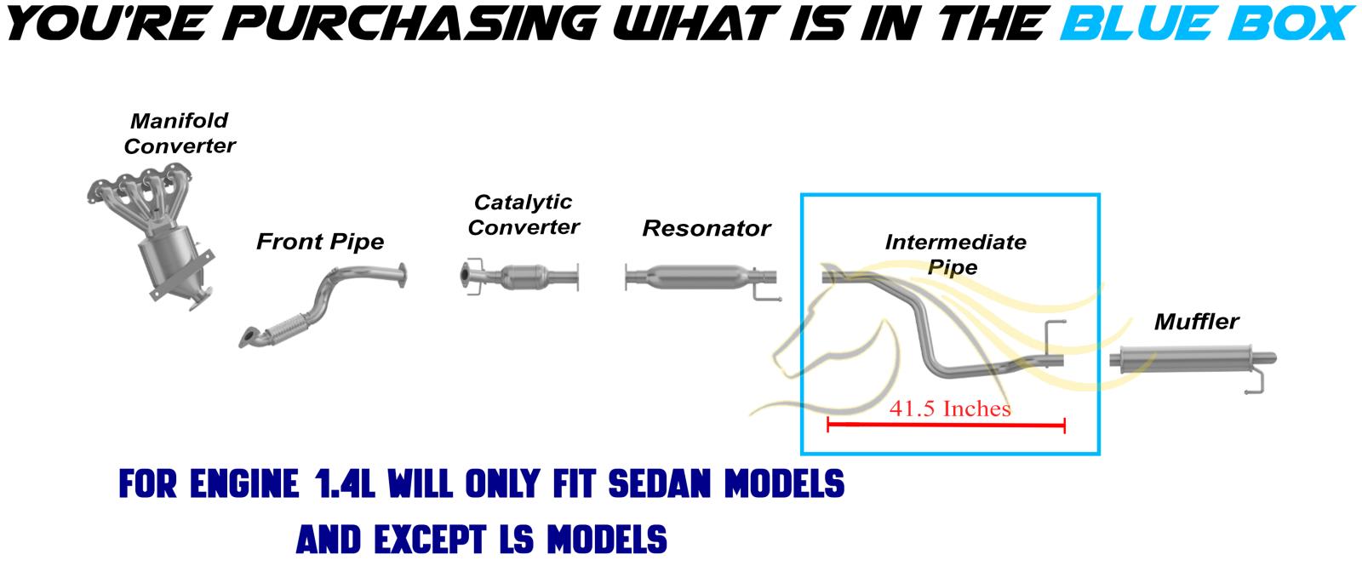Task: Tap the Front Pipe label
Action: [320, 242]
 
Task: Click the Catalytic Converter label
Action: [524, 214]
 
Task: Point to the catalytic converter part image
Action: [520, 277]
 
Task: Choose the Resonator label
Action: [707, 229]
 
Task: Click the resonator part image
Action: [701, 278]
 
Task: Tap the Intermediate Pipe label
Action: [955, 254]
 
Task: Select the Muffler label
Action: [1197, 322]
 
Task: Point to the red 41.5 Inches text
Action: [950, 409]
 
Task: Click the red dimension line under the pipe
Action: [946, 425]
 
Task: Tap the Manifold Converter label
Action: [180, 133]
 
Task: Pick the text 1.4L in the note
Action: [345, 484]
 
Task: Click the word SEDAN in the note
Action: [659, 484]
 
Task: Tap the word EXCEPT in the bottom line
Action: [430, 540]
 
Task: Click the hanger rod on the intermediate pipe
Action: [1053, 338]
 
